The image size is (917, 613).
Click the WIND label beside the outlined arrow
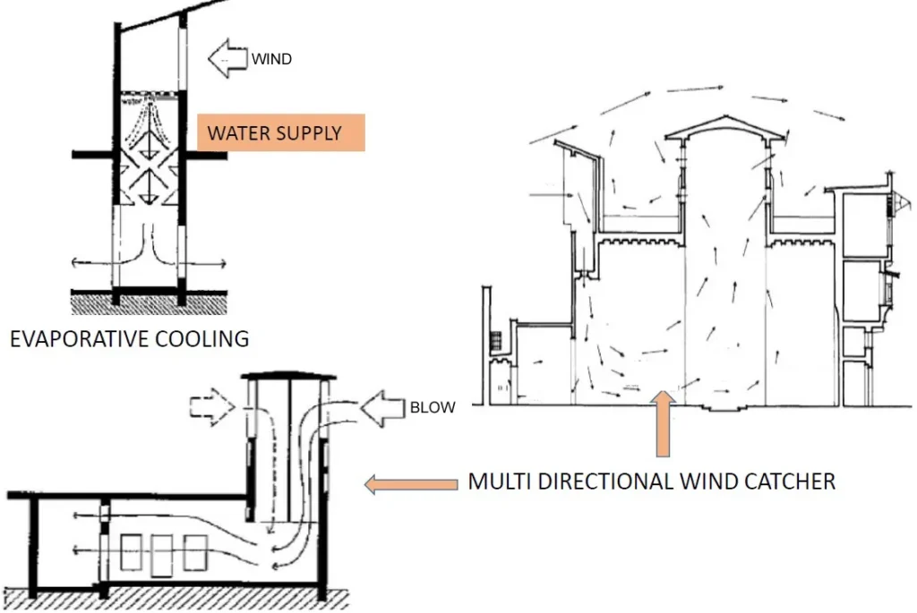[271, 60]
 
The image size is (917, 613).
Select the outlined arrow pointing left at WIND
[227, 59]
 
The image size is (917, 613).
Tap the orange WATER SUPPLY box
[280, 132]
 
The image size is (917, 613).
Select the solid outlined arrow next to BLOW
[387, 408]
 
